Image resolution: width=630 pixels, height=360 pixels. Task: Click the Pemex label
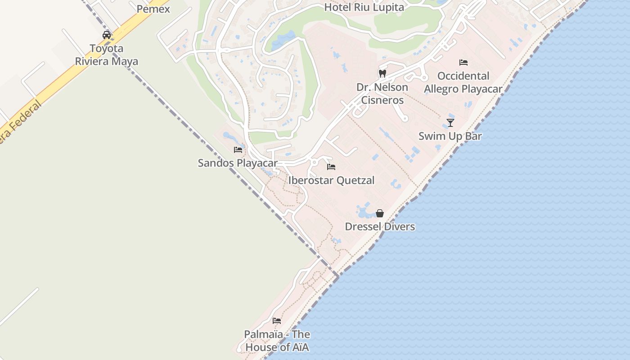(153, 9)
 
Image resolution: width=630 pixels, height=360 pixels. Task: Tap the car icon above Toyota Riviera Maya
(107, 35)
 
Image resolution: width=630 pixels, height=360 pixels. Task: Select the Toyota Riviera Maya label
(107, 55)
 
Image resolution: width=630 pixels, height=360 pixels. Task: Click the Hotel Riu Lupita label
(364, 7)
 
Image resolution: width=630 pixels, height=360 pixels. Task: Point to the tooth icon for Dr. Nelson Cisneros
(382, 73)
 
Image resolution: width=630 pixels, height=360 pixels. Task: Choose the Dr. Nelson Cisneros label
(382, 94)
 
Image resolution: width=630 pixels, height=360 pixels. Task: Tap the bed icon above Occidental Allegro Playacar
(463, 63)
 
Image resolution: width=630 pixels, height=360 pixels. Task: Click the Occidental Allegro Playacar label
(463, 82)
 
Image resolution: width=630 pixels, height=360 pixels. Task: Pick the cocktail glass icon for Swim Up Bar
(450, 122)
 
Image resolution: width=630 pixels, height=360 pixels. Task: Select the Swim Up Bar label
(450, 136)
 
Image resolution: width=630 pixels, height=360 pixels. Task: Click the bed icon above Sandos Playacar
(238, 149)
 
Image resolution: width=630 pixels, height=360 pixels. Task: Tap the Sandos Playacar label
(238, 163)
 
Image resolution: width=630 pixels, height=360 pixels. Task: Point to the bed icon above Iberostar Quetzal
(331, 167)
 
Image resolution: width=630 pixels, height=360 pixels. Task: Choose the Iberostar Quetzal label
(331, 180)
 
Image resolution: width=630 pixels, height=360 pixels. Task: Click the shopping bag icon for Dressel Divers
(380, 213)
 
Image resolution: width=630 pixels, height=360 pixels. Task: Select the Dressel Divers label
(380, 226)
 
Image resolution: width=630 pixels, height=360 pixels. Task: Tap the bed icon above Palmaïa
(277, 321)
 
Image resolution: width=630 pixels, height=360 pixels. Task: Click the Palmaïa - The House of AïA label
(277, 341)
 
